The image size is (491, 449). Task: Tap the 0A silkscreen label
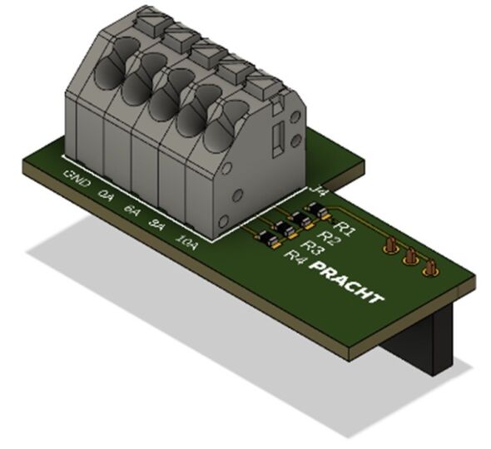coord(107,196)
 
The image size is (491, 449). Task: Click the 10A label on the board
coord(186,242)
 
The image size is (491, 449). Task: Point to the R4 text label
coord(295,257)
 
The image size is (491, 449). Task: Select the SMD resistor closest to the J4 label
coord(319,214)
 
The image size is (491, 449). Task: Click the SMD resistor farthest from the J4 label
coord(267,240)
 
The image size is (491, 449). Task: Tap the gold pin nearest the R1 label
coord(389,244)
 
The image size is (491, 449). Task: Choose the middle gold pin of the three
coord(409,257)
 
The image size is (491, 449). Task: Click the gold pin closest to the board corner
coord(430,269)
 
